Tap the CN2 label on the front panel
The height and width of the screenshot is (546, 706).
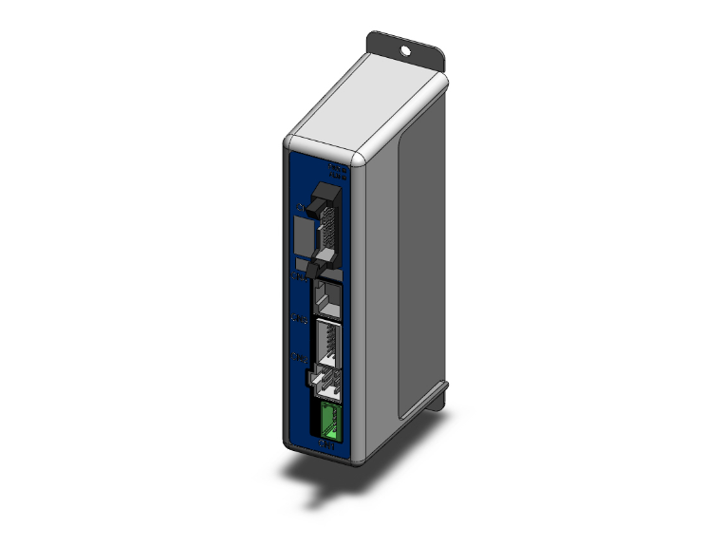pyautogui.click(x=299, y=358)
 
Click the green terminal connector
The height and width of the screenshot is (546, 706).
pyautogui.click(x=326, y=419)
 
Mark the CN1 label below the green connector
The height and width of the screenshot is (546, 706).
pyautogui.click(x=326, y=442)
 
